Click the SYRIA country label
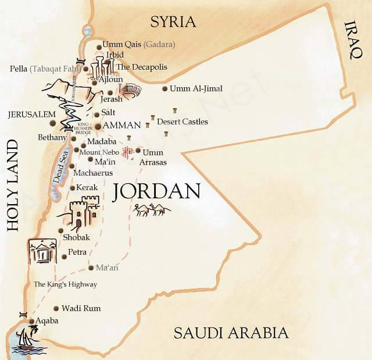173,22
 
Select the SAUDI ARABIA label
231,333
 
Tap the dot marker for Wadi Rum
56,308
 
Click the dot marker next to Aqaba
31,320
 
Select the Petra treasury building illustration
42,251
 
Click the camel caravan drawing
153,210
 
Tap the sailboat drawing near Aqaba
26,338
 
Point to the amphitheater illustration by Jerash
131,91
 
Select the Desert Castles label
183,122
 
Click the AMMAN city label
122,125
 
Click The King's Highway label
65,284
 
